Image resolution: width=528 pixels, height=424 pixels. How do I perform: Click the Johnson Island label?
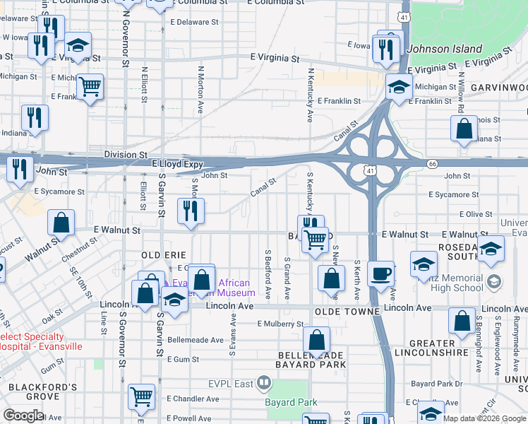coord(445,49)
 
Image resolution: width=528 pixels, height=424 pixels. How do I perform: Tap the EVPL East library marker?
coord(264,384)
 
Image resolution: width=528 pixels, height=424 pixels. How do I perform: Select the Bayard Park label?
coord(291,403)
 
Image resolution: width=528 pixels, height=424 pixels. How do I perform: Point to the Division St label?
coord(126,153)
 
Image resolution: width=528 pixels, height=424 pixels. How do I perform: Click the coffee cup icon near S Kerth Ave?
coord(380,273)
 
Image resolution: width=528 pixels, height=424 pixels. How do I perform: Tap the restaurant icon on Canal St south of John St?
coord(191,211)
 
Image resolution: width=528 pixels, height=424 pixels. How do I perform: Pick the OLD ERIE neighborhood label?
coord(164,254)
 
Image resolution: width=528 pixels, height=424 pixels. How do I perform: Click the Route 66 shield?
coord(432,163)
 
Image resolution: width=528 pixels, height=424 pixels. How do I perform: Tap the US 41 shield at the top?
coord(403,16)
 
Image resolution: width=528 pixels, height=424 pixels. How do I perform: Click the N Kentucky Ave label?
coord(310,95)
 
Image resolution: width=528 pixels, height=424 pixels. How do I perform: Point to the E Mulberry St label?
coord(280,324)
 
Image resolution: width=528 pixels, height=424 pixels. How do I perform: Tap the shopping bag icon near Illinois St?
coord(464,129)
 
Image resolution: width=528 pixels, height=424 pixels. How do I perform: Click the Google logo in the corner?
coord(24,416)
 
